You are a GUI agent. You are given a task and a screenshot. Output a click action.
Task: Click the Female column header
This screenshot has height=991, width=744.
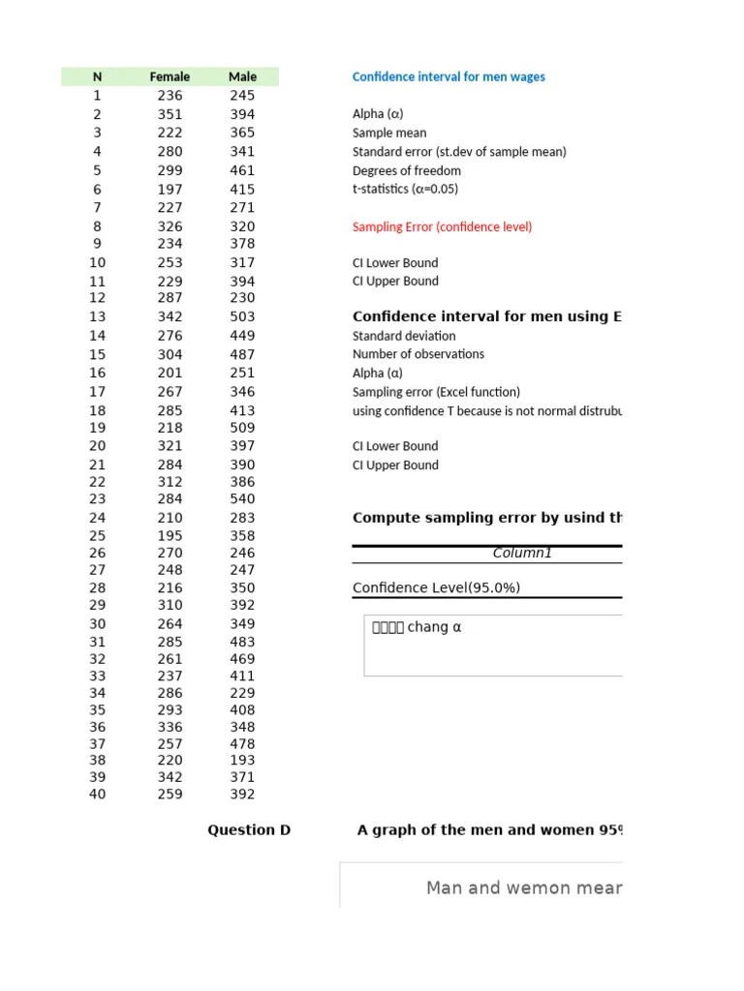170,76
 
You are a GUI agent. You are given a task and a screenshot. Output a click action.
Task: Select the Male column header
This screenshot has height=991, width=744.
242,76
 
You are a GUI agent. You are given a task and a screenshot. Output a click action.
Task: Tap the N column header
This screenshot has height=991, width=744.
97,76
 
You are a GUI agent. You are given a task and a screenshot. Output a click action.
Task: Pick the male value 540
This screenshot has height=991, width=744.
242,499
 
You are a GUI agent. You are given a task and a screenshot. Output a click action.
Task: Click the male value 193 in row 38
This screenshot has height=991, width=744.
242,761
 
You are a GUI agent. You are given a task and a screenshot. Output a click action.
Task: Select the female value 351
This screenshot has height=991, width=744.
170,114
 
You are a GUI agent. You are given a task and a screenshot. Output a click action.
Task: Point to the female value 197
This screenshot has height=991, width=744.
170,190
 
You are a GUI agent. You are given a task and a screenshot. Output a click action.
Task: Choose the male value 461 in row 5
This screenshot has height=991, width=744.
242,170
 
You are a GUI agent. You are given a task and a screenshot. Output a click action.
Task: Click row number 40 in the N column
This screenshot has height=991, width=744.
97,795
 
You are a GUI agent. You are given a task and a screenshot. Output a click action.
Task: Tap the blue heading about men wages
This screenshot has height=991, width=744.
449,76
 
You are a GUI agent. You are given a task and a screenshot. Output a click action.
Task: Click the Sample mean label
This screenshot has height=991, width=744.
389,133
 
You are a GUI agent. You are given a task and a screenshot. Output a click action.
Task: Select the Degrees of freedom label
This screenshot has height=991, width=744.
407,170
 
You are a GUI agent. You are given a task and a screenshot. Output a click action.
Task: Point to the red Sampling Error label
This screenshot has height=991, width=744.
442,226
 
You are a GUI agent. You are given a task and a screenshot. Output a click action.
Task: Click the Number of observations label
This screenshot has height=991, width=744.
418,354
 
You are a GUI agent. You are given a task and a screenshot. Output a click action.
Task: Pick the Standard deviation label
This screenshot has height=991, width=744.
404,336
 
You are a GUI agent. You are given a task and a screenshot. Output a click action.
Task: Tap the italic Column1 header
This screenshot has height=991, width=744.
522,554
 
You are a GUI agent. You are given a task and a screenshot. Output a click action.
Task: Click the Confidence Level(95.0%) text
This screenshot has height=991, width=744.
429,587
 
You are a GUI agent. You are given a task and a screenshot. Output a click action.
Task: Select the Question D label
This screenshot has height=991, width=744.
249,829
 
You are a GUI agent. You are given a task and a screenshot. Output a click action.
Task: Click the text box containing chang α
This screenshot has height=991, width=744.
492,645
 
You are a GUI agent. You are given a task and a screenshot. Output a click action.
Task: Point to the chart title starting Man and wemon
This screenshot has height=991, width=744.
523,887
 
